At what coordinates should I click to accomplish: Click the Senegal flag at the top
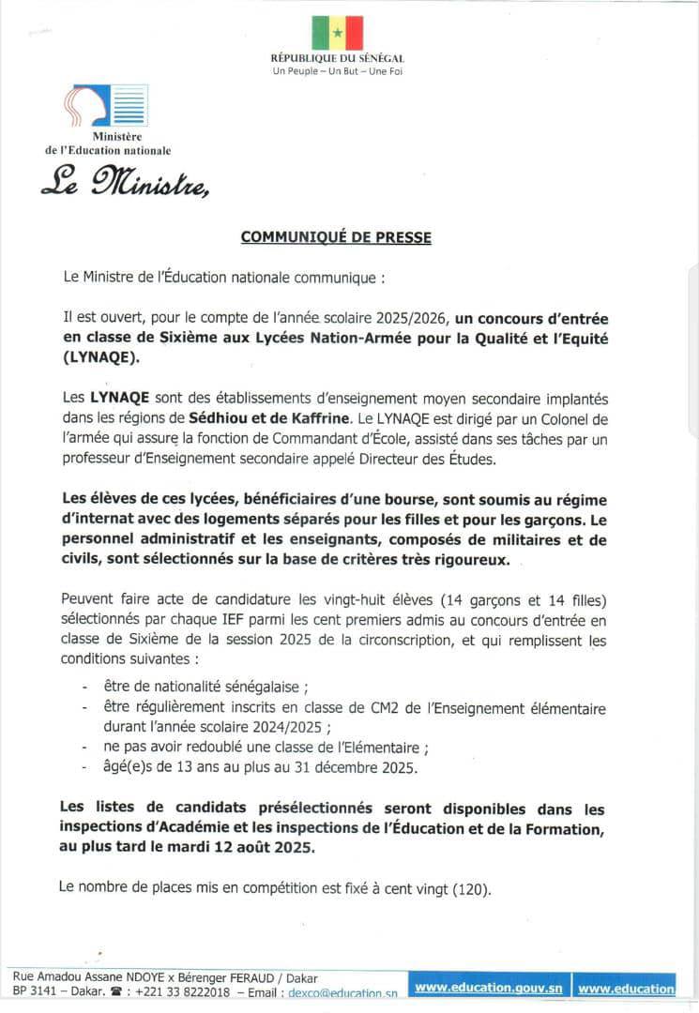[x=337, y=34]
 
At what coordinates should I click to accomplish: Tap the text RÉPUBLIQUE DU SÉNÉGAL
[x=337, y=59]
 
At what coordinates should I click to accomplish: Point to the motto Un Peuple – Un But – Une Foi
[x=337, y=71]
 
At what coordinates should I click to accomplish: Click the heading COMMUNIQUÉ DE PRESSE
[x=336, y=237]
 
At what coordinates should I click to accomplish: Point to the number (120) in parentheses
[x=471, y=886]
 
